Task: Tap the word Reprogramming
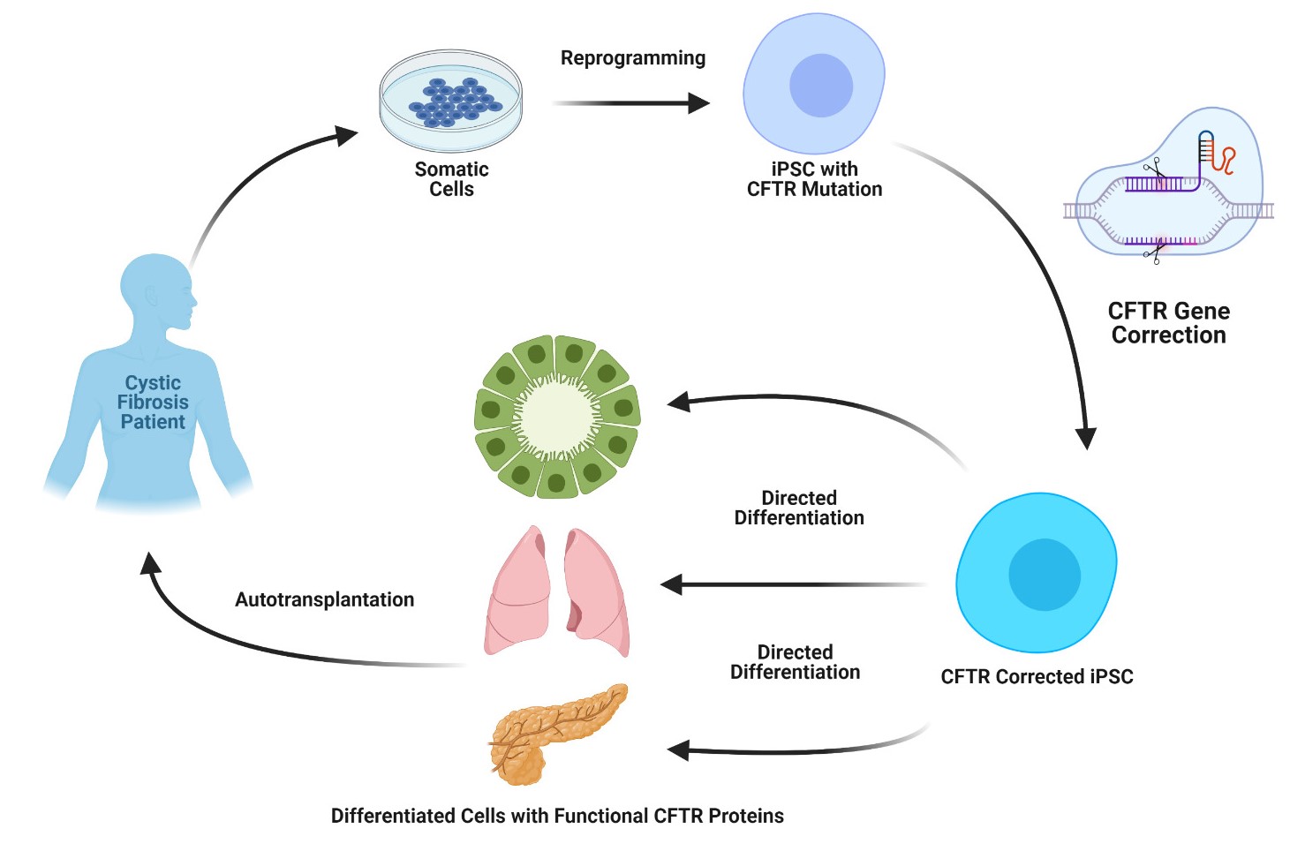(x=633, y=58)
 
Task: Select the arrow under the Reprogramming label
(x=630, y=103)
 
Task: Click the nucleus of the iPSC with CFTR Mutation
(x=821, y=86)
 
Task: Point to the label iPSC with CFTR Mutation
(x=814, y=179)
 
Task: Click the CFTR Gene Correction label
(x=1168, y=323)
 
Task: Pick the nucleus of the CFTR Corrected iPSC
(x=1045, y=575)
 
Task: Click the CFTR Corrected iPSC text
(x=1037, y=677)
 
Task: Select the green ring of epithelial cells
(x=557, y=416)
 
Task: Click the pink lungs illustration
(x=557, y=592)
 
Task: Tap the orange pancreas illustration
(x=556, y=733)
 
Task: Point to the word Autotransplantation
(x=324, y=600)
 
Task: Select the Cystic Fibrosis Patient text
(x=153, y=403)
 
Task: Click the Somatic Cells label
(x=451, y=179)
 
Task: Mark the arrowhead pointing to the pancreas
(x=678, y=751)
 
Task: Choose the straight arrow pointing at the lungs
(x=795, y=584)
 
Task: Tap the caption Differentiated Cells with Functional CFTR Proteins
(x=557, y=817)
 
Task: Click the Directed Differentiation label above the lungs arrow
(x=799, y=508)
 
